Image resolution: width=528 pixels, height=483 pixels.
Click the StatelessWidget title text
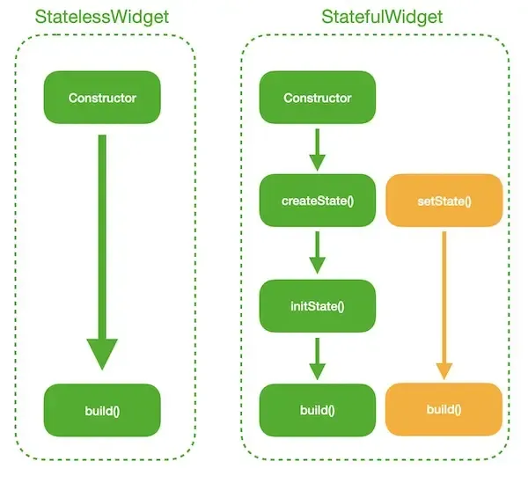click(x=102, y=17)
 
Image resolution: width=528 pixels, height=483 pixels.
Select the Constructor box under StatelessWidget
click(x=102, y=98)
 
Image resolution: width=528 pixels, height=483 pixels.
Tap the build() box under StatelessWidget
click(x=102, y=410)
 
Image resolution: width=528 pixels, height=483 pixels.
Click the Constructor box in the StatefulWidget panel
click(x=317, y=98)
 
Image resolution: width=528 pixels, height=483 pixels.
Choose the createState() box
click(x=317, y=201)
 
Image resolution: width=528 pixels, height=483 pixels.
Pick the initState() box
click(x=317, y=306)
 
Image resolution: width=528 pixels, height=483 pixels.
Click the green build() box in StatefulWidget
click(x=317, y=410)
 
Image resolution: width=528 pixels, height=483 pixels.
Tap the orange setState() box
click(x=444, y=201)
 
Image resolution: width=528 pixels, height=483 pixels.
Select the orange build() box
click(x=444, y=410)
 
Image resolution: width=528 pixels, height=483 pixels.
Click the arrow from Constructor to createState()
click(x=317, y=149)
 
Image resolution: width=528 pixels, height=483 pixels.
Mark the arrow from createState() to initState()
click(x=317, y=253)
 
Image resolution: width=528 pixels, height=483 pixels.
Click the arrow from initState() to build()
click(x=317, y=357)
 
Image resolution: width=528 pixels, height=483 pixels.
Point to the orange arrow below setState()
click(x=444, y=299)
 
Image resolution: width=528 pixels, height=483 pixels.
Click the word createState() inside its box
click(x=317, y=201)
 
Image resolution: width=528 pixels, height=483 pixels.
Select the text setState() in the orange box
click(x=444, y=201)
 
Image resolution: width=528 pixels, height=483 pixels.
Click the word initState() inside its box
click(x=317, y=306)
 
